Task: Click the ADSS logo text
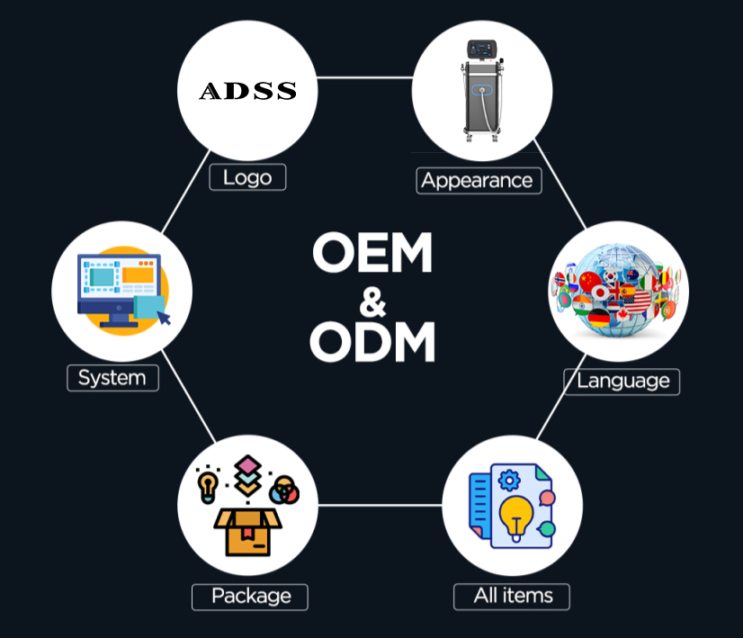coord(248,91)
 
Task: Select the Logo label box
coord(248,177)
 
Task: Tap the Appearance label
coord(479,181)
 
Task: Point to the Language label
coord(622,382)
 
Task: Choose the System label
coord(112,378)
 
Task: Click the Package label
coord(250,597)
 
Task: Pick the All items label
coord(512,597)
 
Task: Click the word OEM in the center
coord(372,252)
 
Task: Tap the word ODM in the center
coord(372,341)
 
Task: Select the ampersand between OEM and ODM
coord(372,301)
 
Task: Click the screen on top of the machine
coord(482,49)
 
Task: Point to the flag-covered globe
coord(617,290)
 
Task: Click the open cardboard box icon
coord(248,531)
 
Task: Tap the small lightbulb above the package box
coord(208,487)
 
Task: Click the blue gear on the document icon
coord(509,481)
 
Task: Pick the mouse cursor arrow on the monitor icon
coord(164,318)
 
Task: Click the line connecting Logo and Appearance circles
coord(365,77)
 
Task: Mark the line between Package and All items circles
coord(380,506)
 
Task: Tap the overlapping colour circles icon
coord(284,490)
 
